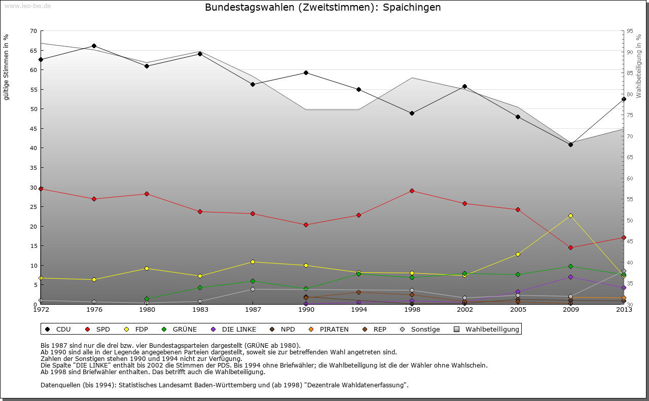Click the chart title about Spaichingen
(323, 8)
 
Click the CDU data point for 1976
(94, 46)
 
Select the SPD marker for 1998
(412, 191)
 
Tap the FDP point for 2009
(570, 215)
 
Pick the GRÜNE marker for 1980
(147, 299)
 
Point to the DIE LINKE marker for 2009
(570, 277)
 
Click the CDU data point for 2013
(624, 99)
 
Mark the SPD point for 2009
(570, 247)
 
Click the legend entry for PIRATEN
(334, 330)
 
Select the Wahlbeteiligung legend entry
(492, 330)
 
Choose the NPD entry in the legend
(287, 330)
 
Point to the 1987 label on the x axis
(253, 309)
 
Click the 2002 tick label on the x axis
(465, 309)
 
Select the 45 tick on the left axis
(33, 129)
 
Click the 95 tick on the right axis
(630, 31)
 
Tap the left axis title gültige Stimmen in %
(7, 67)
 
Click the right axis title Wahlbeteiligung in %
(639, 65)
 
